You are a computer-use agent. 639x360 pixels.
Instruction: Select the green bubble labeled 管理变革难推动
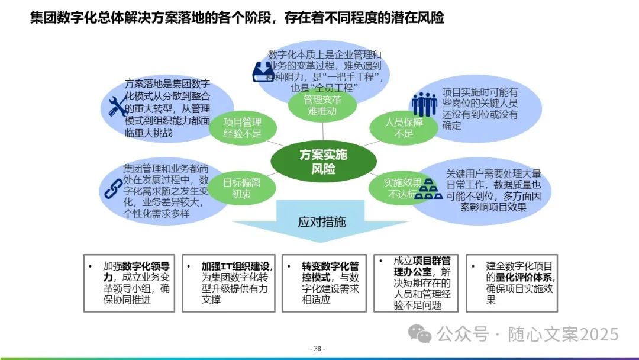pos(322,105)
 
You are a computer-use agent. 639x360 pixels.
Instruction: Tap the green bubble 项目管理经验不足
pos(242,127)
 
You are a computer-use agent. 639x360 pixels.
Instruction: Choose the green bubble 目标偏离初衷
pos(241,188)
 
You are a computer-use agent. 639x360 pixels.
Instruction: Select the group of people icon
pos(424,105)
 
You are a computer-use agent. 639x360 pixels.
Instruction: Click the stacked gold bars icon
pos(428,191)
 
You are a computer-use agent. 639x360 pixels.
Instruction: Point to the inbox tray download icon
pos(260,72)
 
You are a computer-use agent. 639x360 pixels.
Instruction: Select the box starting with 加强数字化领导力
pos(129,283)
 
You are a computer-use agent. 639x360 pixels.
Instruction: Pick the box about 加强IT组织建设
pos(228,283)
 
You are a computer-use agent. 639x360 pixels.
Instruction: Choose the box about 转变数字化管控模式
pos(323,283)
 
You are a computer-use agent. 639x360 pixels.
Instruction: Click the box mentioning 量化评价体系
pos(512,283)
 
